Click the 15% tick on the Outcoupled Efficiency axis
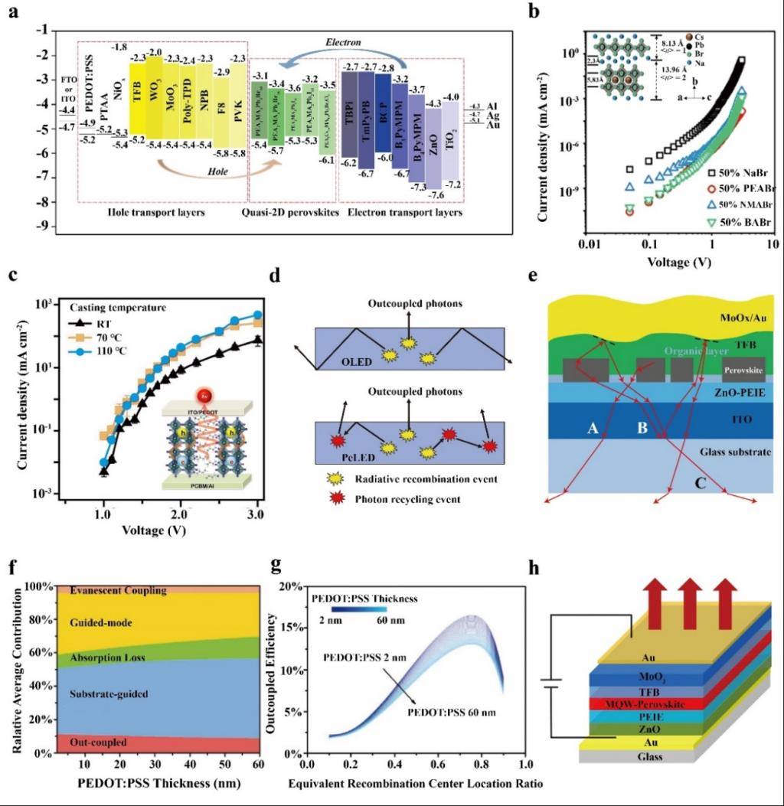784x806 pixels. (292, 628)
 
